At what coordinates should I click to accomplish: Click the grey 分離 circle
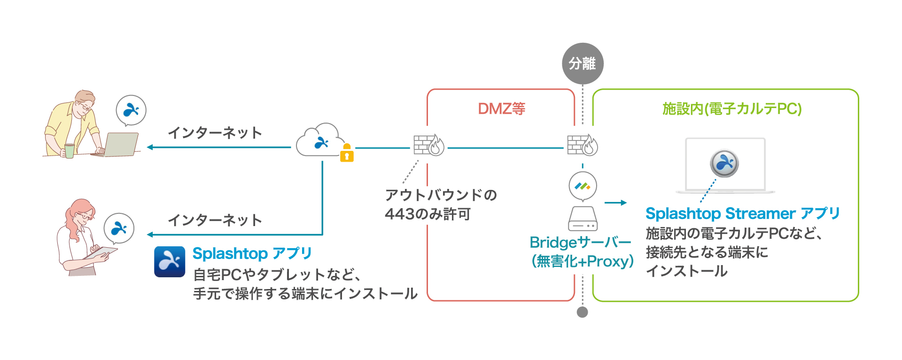(x=583, y=63)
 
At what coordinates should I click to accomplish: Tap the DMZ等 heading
(x=501, y=109)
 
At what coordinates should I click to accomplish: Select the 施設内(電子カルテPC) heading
(x=731, y=109)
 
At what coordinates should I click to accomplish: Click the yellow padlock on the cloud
(x=347, y=153)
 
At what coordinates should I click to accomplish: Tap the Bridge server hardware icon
(x=583, y=219)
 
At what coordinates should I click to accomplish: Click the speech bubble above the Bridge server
(x=583, y=186)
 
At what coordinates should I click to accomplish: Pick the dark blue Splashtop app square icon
(x=170, y=261)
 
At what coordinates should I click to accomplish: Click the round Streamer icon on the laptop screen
(x=724, y=164)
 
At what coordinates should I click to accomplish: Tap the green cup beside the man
(x=70, y=150)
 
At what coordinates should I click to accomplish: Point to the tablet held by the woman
(x=101, y=253)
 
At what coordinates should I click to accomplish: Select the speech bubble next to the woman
(x=119, y=228)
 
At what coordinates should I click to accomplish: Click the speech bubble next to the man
(x=131, y=110)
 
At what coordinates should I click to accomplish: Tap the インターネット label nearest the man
(x=215, y=133)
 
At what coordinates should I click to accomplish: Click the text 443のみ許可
(x=428, y=214)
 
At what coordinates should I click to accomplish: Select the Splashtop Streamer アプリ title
(x=742, y=213)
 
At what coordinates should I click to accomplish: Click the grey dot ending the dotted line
(x=583, y=312)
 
